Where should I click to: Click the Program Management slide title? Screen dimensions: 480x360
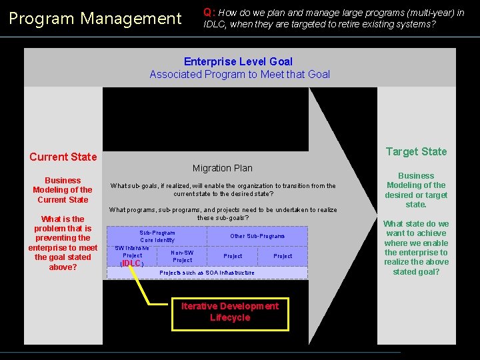click(95, 19)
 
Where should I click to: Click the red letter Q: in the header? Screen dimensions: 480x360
click(209, 12)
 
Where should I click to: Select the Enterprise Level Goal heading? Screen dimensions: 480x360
click(238, 61)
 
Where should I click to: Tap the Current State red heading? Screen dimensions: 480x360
click(63, 157)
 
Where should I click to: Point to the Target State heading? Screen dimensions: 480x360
click(416, 151)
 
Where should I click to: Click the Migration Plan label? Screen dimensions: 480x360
click(222, 168)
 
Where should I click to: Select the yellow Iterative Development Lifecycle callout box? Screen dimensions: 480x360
click(230, 312)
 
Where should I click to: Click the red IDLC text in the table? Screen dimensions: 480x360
click(132, 263)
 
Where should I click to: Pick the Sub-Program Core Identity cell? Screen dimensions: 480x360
click(157, 236)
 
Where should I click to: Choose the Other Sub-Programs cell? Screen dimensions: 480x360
click(257, 236)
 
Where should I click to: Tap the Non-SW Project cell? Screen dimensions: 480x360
click(182, 256)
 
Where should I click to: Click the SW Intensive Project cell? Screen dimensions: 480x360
click(132, 251)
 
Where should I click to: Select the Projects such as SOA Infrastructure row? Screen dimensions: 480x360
click(207, 273)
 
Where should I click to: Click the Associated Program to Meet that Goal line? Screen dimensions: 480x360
click(239, 74)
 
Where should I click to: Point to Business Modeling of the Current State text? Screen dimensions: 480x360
click(63, 190)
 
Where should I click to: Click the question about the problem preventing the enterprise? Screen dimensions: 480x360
click(63, 243)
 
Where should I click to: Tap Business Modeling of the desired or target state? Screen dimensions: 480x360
click(416, 190)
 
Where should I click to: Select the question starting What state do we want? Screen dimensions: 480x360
click(416, 247)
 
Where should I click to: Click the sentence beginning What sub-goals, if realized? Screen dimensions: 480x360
click(223, 190)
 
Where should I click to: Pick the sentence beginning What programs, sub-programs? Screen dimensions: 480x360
click(223, 214)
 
